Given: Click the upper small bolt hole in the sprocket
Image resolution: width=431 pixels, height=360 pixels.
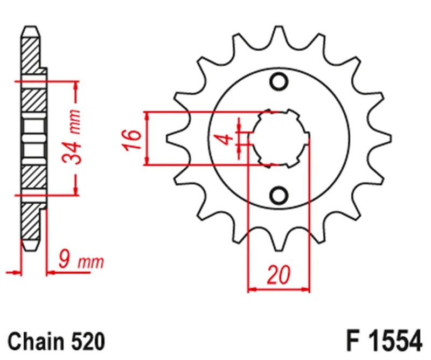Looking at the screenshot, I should (x=279, y=81).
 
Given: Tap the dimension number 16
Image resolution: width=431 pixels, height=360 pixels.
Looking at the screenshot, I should (x=135, y=139).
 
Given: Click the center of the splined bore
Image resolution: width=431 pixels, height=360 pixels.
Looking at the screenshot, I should (x=279, y=138).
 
